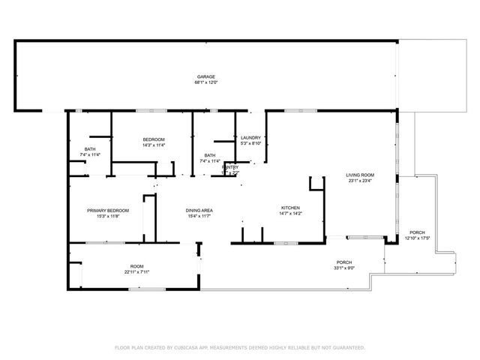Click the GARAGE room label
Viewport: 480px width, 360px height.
[x=206, y=76]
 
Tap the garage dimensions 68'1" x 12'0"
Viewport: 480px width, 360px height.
[x=206, y=82]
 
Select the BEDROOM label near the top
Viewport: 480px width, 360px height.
[x=154, y=139]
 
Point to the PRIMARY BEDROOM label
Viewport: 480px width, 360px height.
[x=108, y=210]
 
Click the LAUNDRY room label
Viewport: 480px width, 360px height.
[x=250, y=138]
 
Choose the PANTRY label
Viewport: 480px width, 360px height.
[x=231, y=166]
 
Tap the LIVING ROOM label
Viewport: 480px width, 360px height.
[x=360, y=175]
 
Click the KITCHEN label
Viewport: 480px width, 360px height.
[x=290, y=207]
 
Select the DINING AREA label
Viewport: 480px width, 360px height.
[x=199, y=210]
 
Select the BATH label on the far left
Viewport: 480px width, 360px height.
[x=90, y=149]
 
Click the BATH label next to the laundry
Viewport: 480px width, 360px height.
[x=210, y=155]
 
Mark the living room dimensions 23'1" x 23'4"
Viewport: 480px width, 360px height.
[x=360, y=181]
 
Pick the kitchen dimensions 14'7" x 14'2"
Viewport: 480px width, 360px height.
[x=290, y=213]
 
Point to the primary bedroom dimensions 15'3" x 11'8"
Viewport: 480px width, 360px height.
[x=108, y=216]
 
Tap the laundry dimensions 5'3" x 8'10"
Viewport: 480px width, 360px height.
[x=250, y=143]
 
